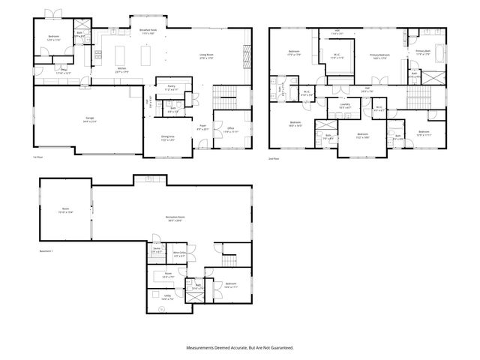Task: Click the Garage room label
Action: (89, 118)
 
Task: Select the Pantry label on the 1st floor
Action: (170, 87)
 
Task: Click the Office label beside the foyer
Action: (230, 129)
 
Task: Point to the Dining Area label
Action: (168, 137)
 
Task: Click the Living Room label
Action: (207, 55)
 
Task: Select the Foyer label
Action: (202, 127)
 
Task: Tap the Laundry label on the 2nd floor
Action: (345, 105)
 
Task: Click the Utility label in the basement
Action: (169, 296)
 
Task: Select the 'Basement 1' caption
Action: (46, 250)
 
